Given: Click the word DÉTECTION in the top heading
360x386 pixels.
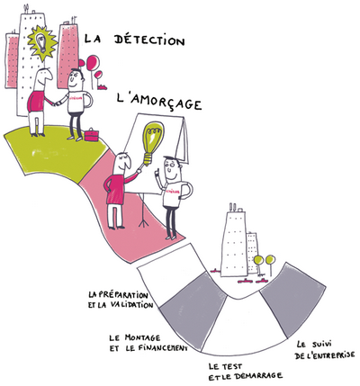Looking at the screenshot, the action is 149,40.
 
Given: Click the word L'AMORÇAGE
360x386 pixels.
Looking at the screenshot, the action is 158,103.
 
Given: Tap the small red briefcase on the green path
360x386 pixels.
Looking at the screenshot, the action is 91,135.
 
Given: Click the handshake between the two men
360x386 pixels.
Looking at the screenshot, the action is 56,103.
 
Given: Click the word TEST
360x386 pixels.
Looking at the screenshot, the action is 232,365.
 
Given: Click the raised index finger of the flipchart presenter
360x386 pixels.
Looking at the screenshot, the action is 156,172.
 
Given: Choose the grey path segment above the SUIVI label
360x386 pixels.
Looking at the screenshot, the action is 292,300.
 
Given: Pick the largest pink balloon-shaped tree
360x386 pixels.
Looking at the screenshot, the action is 93,62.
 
